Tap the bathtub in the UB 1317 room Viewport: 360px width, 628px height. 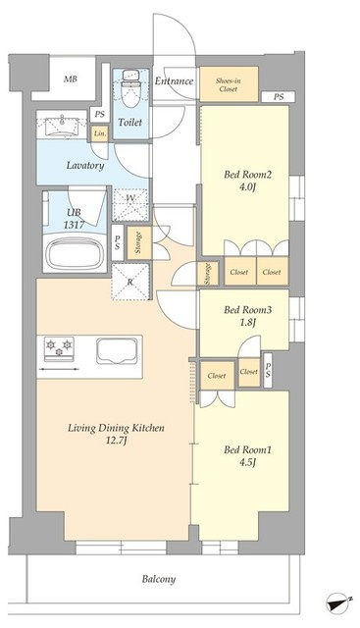click(x=75, y=253)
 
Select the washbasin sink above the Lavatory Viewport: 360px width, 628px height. click(x=62, y=125)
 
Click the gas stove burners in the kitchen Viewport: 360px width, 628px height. click(x=59, y=347)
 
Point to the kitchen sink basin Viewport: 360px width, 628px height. click(x=117, y=351)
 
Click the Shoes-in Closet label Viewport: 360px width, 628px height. click(x=229, y=85)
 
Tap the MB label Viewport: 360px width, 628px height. click(x=70, y=78)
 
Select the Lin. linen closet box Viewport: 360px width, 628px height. click(x=99, y=133)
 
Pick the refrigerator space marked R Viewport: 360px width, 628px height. click(x=129, y=282)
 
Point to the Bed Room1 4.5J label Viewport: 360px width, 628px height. click(x=247, y=455)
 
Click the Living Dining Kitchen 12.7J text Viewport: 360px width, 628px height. click(x=116, y=434)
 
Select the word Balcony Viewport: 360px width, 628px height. click(x=159, y=579)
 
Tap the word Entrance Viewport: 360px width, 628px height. click(x=174, y=80)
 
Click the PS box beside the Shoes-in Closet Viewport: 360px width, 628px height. click(x=279, y=97)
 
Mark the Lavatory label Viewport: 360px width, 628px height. click(x=85, y=166)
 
